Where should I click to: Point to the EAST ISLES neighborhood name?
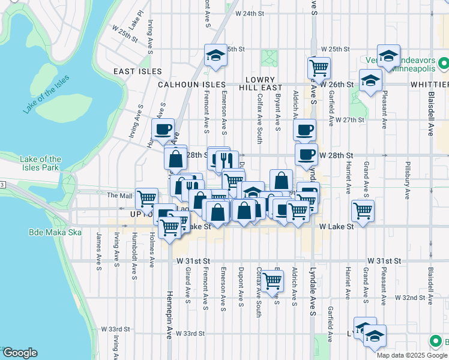click(x=138, y=71)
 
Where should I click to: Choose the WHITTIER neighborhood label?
click(x=430, y=85)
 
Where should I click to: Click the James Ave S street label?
click(x=98, y=249)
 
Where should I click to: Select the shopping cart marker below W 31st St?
click(x=273, y=280)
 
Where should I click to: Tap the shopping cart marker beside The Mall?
click(x=146, y=199)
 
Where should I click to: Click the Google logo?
click(x=19, y=353)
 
